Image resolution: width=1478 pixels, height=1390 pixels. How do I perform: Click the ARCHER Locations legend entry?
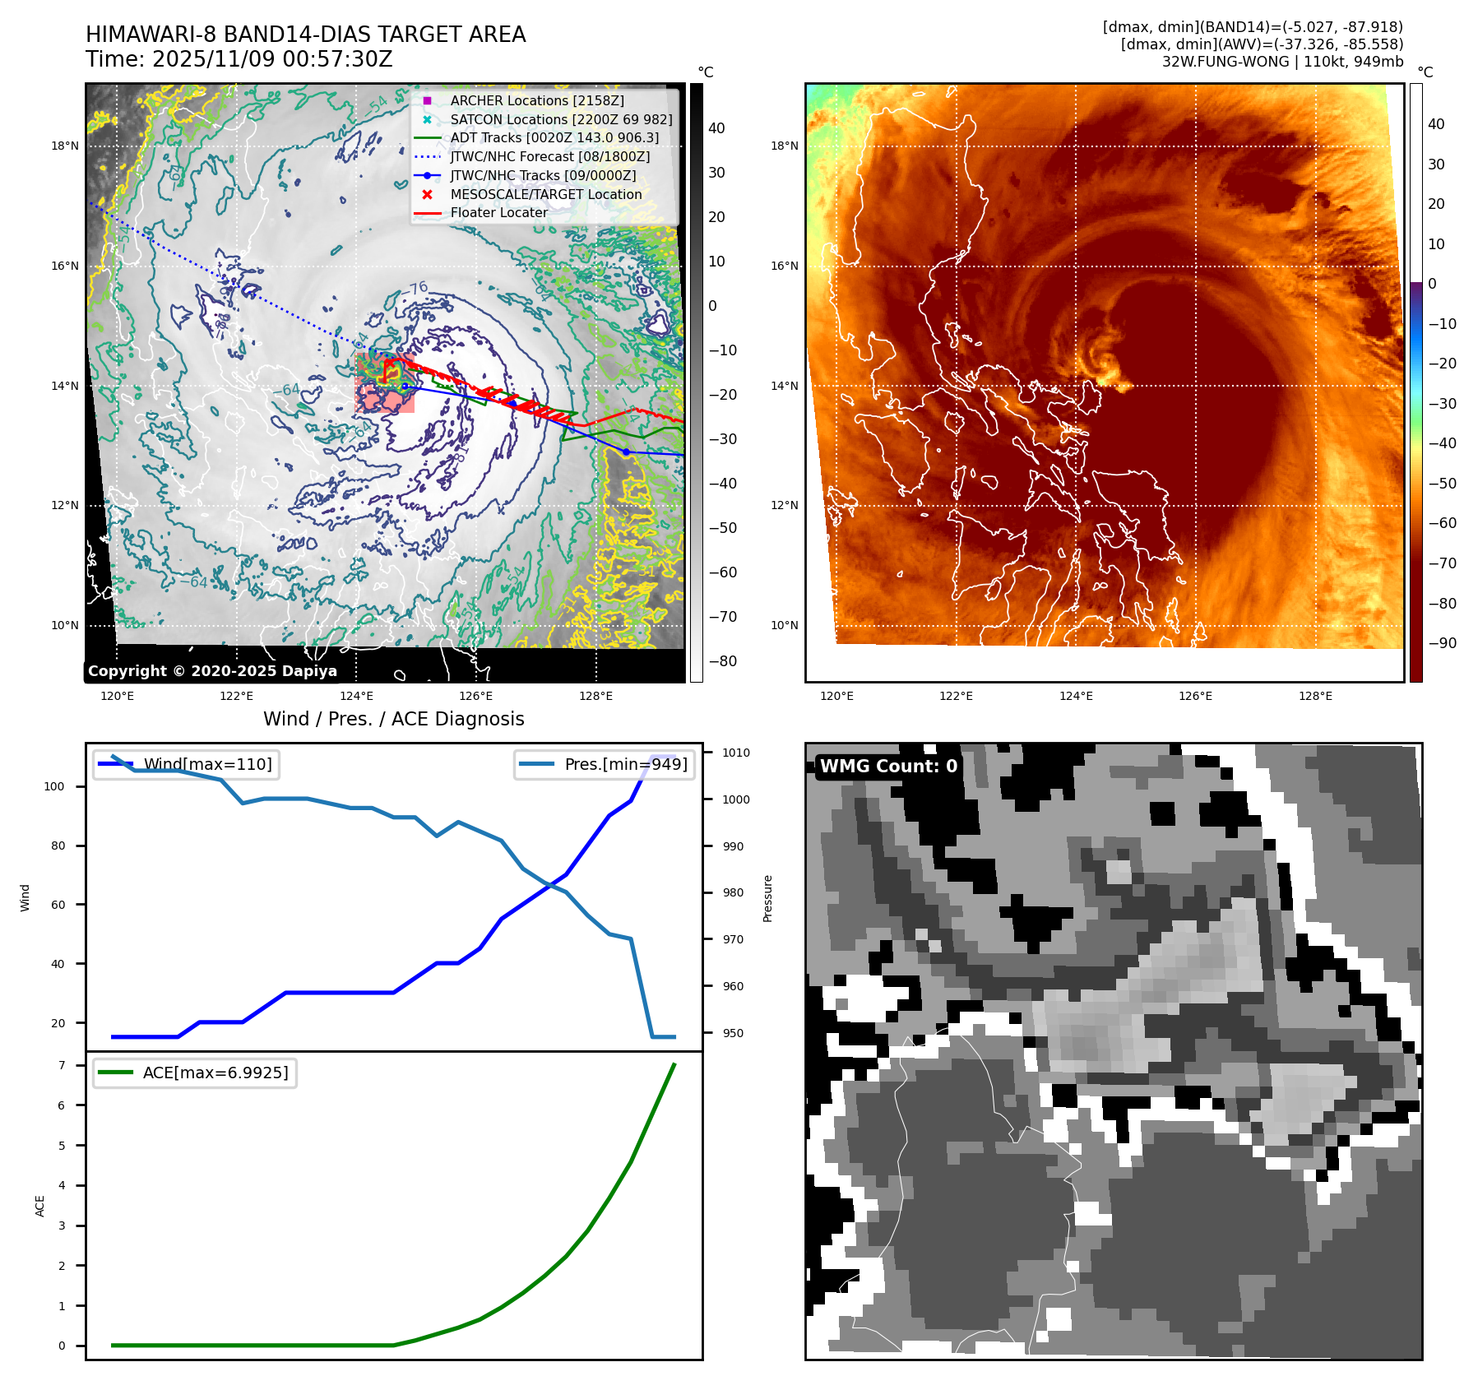click(x=536, y=100)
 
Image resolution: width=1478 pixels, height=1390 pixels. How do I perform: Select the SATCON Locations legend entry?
click(x=561, y=119)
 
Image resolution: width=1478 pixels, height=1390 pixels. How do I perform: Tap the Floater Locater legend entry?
click(x=498, y=212)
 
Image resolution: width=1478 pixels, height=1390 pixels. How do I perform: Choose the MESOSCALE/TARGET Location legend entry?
click(x=545, y=194)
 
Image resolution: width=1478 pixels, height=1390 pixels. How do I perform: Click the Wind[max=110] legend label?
click(x=207, y=764)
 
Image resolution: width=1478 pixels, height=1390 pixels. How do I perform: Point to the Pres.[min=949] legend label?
click(x=625, y=764)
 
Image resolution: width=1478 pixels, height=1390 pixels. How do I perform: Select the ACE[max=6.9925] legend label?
click(x=215, y=1073)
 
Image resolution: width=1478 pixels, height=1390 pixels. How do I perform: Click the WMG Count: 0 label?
click(x=888, y=766)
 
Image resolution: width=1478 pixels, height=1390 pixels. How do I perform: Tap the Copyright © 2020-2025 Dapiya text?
click(x=212, y=671)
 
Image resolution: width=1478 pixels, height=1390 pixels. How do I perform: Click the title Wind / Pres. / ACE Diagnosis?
click(x=393, y=719)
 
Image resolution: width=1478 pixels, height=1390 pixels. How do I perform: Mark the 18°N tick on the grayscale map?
click(x=65, y=146)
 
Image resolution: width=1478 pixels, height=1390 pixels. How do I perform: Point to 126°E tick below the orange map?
click(x=1195, y=696)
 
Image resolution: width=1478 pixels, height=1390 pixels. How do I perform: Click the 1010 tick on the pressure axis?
click(x=735, y=753)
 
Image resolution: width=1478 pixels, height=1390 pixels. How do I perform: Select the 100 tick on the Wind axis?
click(x=54, y=786)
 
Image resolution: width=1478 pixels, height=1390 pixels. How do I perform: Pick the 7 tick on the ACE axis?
click(x=62, y=1065)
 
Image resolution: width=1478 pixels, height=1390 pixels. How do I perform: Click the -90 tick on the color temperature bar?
click(x=1442, y=643)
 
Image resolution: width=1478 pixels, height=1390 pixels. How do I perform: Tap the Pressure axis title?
click(x=767, y=898)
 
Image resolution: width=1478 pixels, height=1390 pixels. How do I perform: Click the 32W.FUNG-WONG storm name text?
click(x=1225, y=62)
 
